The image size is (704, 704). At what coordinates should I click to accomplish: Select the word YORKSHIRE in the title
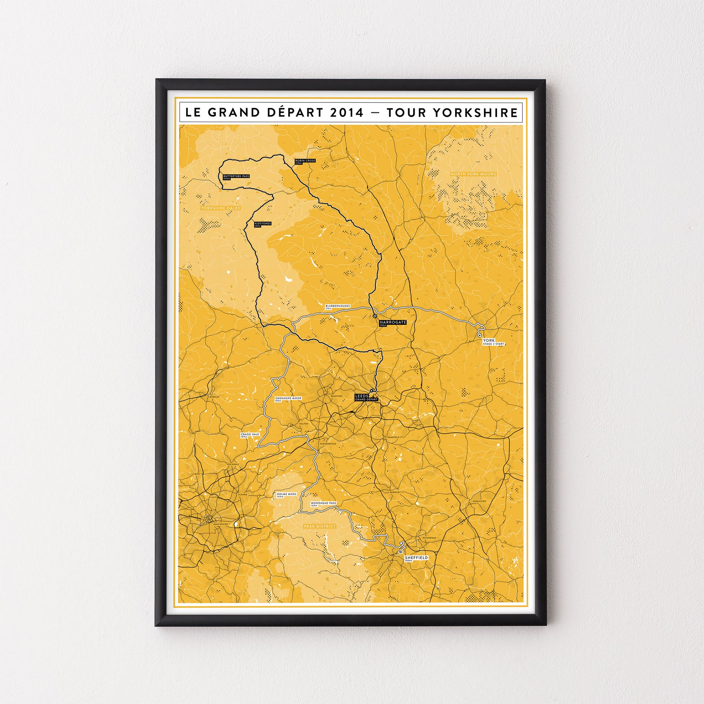[475, 112]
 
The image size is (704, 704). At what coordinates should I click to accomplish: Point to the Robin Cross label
[305, 161]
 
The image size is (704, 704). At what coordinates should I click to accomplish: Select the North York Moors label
[473, 174]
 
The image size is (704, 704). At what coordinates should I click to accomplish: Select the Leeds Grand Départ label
[366, 398]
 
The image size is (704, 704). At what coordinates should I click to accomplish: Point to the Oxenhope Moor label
[288, 399]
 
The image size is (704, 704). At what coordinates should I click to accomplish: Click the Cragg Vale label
[250, 436]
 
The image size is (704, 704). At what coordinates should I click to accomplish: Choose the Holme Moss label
[287, 495]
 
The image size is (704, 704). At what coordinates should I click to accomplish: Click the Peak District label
[319, 526]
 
